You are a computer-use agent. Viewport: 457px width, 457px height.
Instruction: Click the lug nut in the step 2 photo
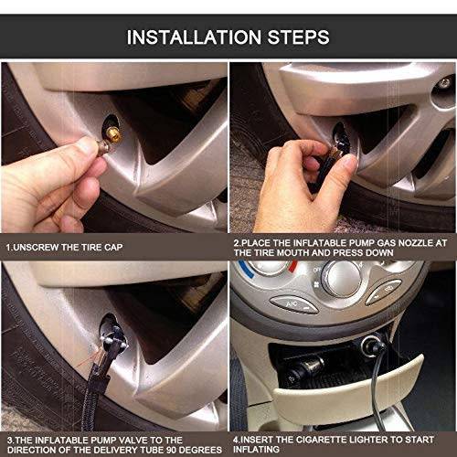tap(445, 83)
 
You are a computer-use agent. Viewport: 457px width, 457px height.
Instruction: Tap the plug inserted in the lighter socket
tap(369, 351)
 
